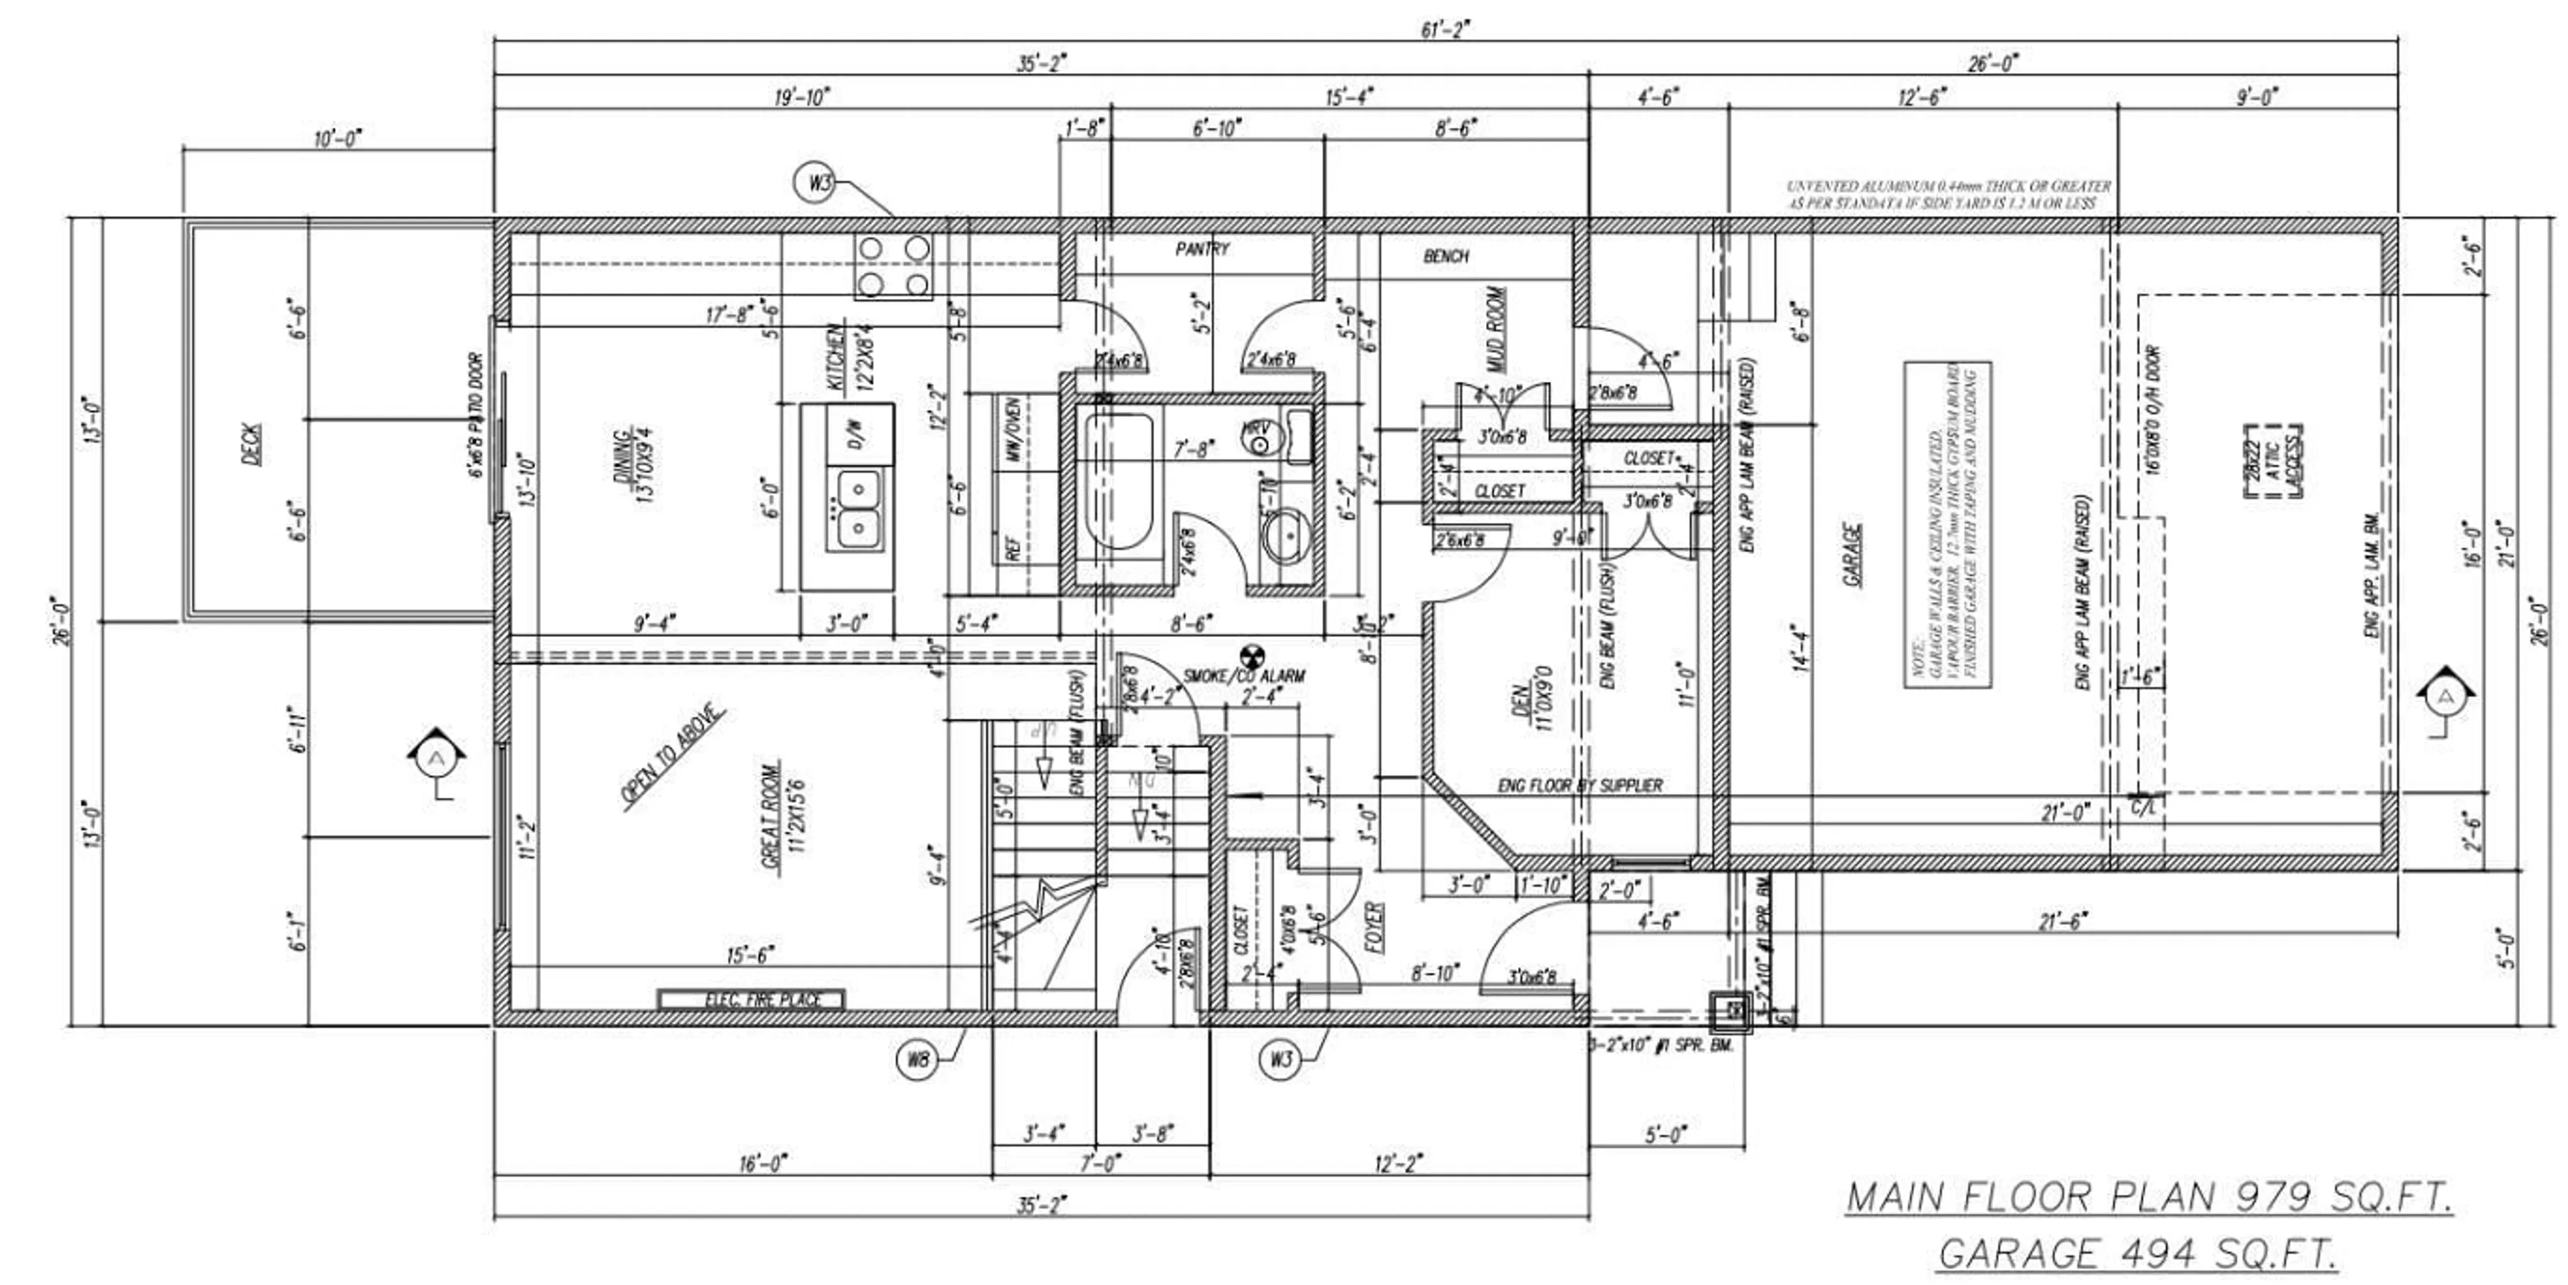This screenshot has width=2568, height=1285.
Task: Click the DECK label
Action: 252,445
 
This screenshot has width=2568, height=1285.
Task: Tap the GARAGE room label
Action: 1853,555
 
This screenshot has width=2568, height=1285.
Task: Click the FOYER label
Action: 1374,928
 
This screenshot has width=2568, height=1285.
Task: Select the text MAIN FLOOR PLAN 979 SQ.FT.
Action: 2149,1196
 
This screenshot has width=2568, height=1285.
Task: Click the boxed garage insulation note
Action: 1947,525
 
